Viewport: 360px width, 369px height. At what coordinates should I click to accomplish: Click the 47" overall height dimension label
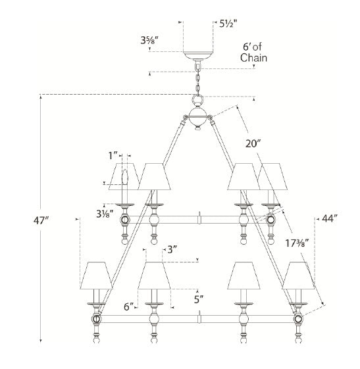(41, 221)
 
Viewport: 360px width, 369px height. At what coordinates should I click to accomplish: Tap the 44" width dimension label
(328, 219)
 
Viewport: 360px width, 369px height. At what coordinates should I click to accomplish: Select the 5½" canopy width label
(228, 24)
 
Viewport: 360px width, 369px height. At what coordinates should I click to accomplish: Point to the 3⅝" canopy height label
(149, 41)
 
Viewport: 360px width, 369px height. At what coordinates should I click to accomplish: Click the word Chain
(253, 58)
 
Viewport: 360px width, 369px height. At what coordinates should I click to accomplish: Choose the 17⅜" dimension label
(297, 243)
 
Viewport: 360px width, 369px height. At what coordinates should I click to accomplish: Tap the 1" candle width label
(113, 155)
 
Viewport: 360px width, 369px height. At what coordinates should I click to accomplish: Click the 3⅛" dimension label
(105, 214)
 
